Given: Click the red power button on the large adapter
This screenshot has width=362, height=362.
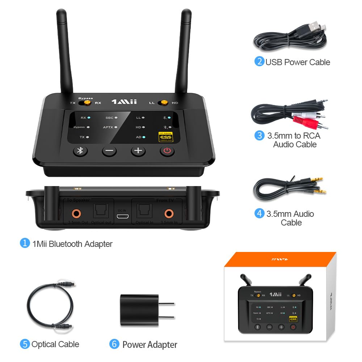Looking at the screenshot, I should (x=167, y=151).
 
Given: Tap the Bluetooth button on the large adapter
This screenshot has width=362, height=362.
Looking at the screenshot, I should (x=80, y=151).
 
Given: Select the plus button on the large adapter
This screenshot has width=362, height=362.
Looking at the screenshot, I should (x=138, y=151).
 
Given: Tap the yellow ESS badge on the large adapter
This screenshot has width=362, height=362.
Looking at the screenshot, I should (x=166, y=137).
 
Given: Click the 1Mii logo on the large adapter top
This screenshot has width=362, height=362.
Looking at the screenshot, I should (x=124, y=102).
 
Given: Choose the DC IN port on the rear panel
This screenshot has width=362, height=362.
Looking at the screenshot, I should (x=123, y=216).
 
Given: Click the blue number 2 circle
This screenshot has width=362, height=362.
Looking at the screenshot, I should (x=259, y=62).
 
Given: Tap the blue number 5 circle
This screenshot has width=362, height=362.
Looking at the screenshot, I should (x=25, y=344).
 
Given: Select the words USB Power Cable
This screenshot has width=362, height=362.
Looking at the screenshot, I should (x=298, y=62).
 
